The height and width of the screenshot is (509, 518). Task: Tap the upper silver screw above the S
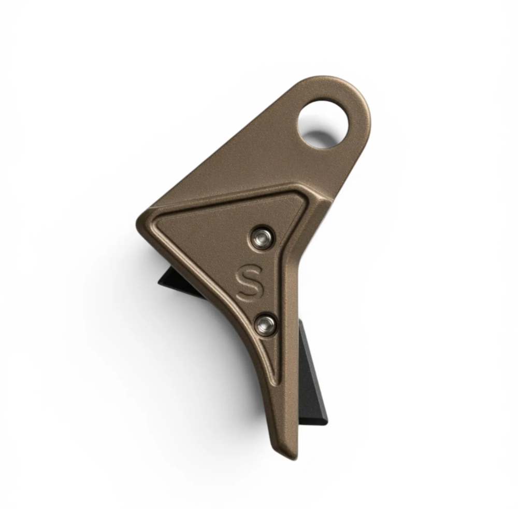click(x=261, y=238)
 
